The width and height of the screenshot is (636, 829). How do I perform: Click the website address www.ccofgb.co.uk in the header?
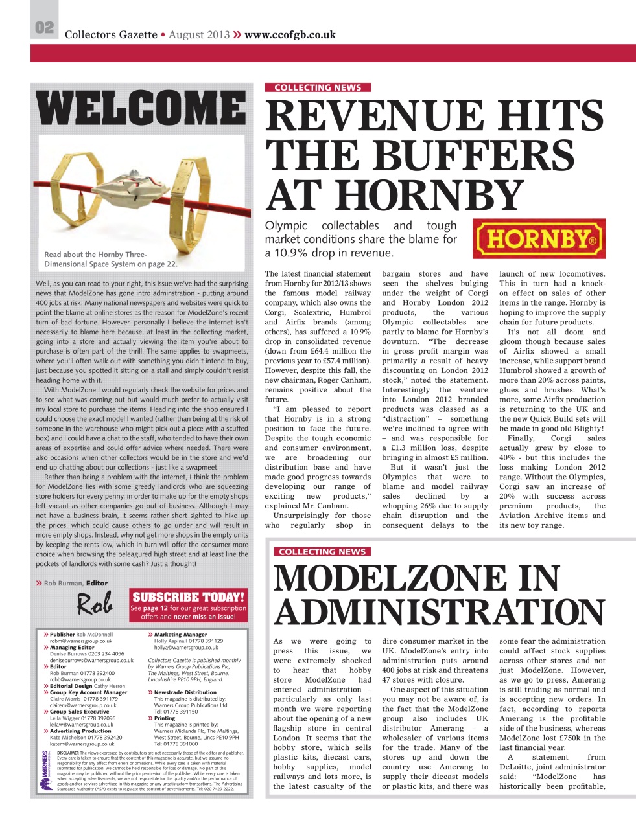[x=290, y=34]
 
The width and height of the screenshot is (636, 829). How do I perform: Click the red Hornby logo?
[x=539, y=238]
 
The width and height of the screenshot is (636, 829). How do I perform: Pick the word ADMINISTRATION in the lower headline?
[x=439, y=612]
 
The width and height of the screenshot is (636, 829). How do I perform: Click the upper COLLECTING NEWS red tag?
[x=317, y=87]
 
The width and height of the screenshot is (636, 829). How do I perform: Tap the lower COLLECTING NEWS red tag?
[x=322, y=552]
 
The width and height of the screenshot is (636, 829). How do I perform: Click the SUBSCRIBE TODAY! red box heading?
[x=189, y=596]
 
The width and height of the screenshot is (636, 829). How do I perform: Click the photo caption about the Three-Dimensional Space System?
[x=110, y=259]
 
